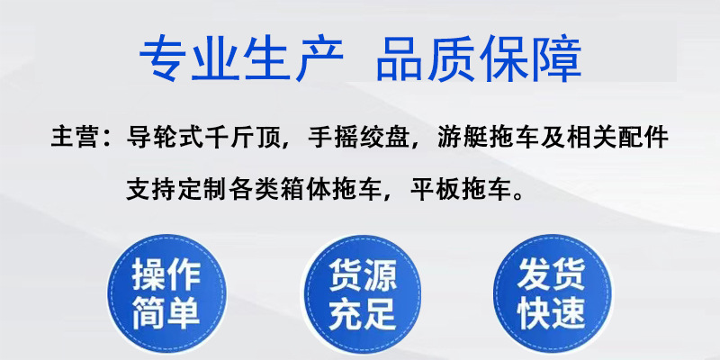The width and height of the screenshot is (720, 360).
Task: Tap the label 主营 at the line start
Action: coord(71,139)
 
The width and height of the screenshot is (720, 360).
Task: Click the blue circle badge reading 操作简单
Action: coord(166,293)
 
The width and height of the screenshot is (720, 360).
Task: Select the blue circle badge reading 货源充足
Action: coord(361,293)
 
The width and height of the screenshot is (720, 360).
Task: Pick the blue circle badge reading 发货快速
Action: coord(552,293)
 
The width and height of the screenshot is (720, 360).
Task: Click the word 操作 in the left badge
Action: coord(166,274)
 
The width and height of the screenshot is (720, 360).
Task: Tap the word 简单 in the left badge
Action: coord(166,313)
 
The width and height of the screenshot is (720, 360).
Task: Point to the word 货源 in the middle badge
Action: coord(361,274)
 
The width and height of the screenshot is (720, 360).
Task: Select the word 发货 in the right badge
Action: coord(552,274)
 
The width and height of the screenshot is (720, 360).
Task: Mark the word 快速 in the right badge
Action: coord(552,313)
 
